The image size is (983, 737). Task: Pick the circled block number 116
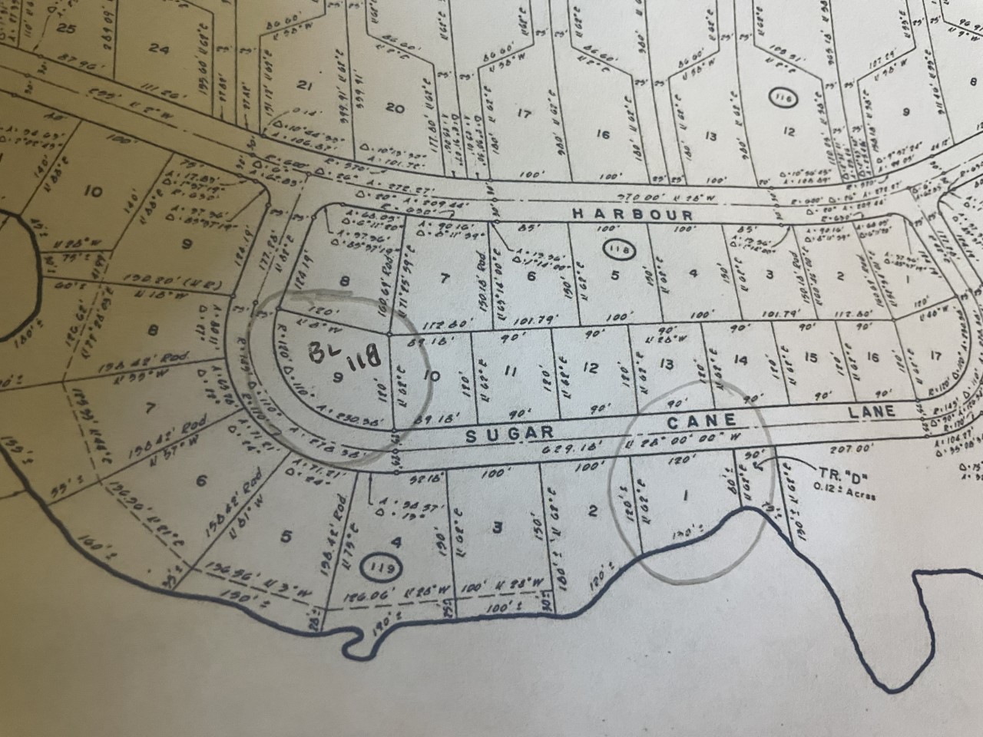pyautogui.click(x=782, y=97)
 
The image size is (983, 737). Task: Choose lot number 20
pyautogui.click(x=395, y=108)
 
